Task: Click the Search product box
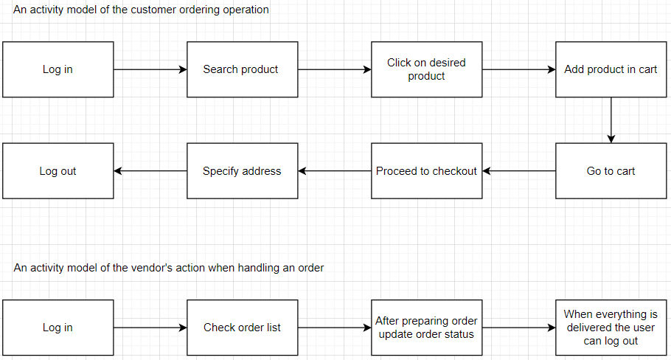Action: pyautogui.click(x=242, y=69)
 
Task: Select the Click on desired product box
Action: pyautogui.click(x=426, y=69)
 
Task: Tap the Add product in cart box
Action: pyautogui.click(x=611, y=69)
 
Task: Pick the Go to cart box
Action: pyautogui.click(x=611, y=171)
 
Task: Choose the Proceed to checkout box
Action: pyautogui.click(x=426, y=171)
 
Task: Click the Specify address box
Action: pyautogui.click(x=242, y=171)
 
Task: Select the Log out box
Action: pyautogui.click(x=58, y=171)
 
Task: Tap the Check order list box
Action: pyautogui.click(x=242, y=328)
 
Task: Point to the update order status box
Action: pyautogui.click(x=426, y=328)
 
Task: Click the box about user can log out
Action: pyautogui.click(x=611, y=328)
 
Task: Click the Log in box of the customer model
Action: pyautogui.click(x=58, y=69)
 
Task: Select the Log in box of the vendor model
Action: pyautogui.click(x=58, y=328)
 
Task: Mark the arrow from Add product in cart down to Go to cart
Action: pyautogui.click(x=611, y=120)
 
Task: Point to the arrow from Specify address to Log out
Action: pyautogui.click(x=150, y=171)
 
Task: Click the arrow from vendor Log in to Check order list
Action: pyautogui.click(x=150, y=328)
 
